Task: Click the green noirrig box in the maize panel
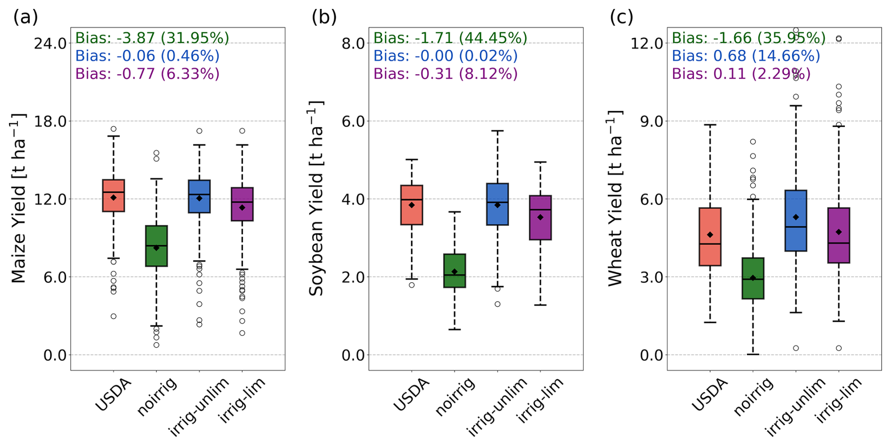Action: pyautogui.click(x=156, y=246)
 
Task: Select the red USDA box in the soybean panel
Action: pyautogui.click(x=412, y=205)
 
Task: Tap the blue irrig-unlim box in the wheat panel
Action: pyautogui.click(x=796, y=221)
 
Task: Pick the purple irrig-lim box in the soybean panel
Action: pyautogui.click(x=540, y=218)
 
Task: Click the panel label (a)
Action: pyautogui.click(x=25, y=17)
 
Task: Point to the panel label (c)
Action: pyautogui.click(x=622, y=17)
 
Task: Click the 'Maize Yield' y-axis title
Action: pyautogui.click(x=19, y=198)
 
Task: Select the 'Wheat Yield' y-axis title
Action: pyautogui.click(x=615, y=198)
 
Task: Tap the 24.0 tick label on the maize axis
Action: pyautogui.click(x=50, y=43)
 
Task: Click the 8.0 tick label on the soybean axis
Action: pyautogui.click(x=354, y=43)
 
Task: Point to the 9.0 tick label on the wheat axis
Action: pyautogui.click(x=652, y=121)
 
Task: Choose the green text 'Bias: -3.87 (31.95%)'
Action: pyautogui.click(x=152, y=38)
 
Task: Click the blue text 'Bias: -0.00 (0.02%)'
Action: pyautogui.click(x=445, y=56)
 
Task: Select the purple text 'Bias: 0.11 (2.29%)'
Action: pyautogui.click(x=741, y=74)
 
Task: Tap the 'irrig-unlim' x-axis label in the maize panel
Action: pyautogui.click(x=199, y=406)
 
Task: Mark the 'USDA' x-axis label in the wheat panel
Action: pyautogui.click(x=709, y=395)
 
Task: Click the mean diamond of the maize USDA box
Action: pyautogui.click(x=113, y=198)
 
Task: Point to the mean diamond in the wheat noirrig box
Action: pyautogui.click(x=753, y=278)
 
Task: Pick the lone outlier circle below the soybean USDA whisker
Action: pyautogui.click(x=412, y=285)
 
